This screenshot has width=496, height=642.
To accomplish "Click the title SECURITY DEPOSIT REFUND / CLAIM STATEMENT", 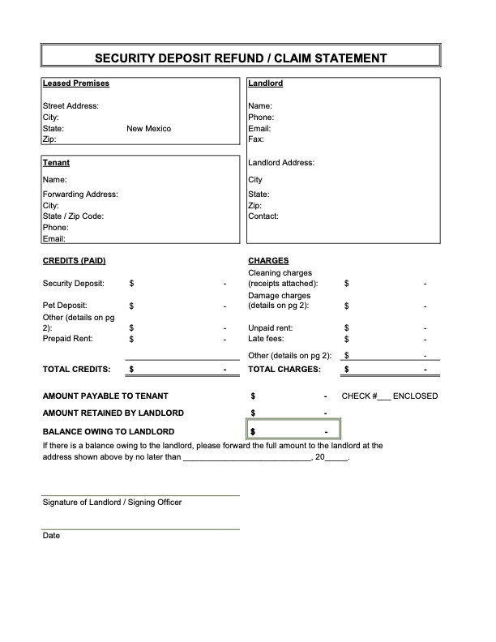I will click(x=241, y=58).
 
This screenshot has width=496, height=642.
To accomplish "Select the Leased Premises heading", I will click(x=75, y=83).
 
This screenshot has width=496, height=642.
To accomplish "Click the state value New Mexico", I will click(x=149, y=129).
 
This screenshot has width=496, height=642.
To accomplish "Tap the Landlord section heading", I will click(x=265, y=83).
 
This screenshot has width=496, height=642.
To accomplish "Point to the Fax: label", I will click(x=256, y=140).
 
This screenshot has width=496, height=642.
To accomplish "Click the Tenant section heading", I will click(x=56, y=163).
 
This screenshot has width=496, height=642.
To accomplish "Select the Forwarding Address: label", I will click(x=80, y=195).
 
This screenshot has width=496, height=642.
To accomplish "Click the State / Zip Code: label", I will click(x=73, y=216).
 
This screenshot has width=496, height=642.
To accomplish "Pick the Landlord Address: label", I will click(x=281, y=163).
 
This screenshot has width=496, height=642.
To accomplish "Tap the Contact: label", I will click(x=263, y=216).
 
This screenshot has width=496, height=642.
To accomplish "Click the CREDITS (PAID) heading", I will click(x=74, y=261).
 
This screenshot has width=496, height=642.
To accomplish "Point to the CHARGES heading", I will click(x=268, y=261).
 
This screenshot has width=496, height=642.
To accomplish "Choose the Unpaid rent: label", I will click(x=271, y=328).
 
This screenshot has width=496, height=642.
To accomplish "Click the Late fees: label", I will click(x=266, y=339).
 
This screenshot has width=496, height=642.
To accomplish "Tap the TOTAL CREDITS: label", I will click(x=76, y=369).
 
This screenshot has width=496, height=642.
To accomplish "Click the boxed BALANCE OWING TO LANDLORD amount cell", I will click(x=293, y=431).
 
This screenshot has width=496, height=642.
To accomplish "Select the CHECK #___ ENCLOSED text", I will click(x=389, y=396).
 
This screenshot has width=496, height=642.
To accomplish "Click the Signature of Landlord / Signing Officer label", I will click(x=112, y=503).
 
